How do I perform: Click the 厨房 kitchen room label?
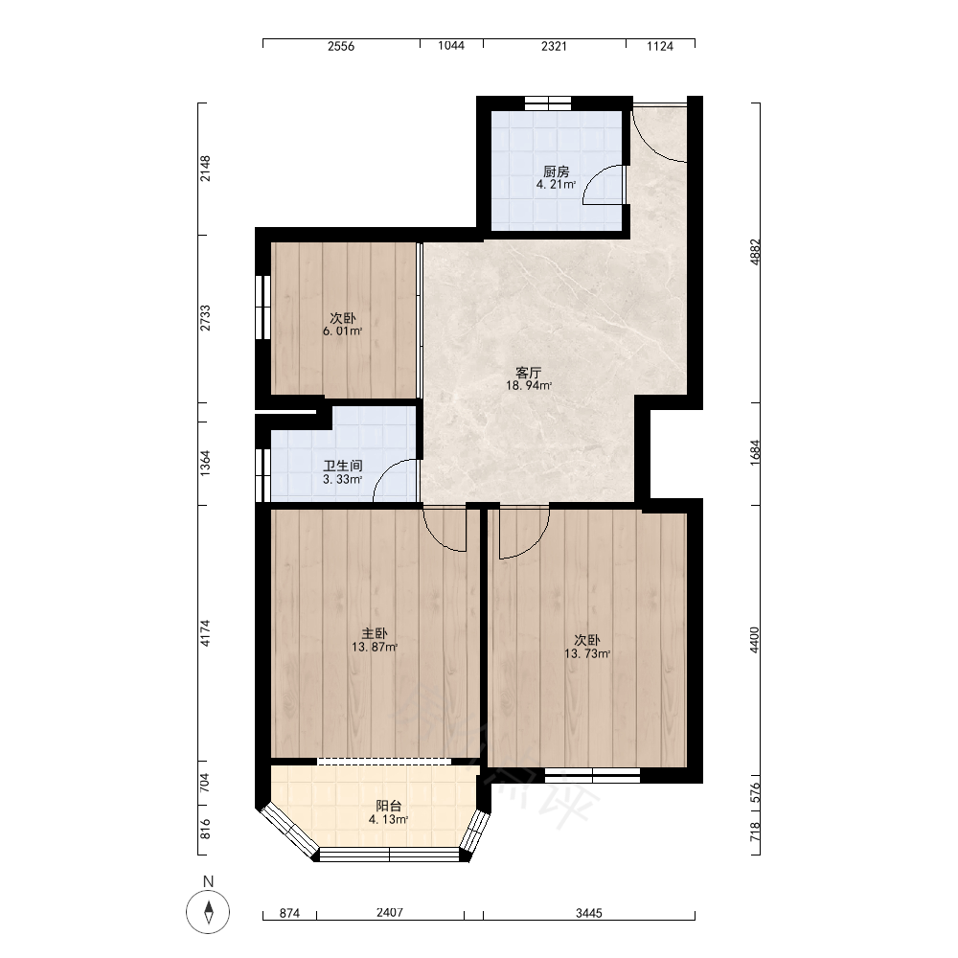[556, 171]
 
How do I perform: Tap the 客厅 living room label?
[529, 373]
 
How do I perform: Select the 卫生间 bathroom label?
[343, 466]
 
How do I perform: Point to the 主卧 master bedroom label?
[375, 633]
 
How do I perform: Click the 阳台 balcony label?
[389, 806]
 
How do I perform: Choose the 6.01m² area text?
[343, 331]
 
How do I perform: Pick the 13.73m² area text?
[587, 653]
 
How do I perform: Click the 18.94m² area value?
[529, 385]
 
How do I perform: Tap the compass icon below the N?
[208, 912]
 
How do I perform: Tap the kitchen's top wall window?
[547, 103]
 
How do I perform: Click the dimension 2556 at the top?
[341, 46]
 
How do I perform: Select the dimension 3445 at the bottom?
[589, 913]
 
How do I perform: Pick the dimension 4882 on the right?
[755, 252]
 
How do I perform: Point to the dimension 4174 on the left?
[205, 633]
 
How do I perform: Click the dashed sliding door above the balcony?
[384, 762]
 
